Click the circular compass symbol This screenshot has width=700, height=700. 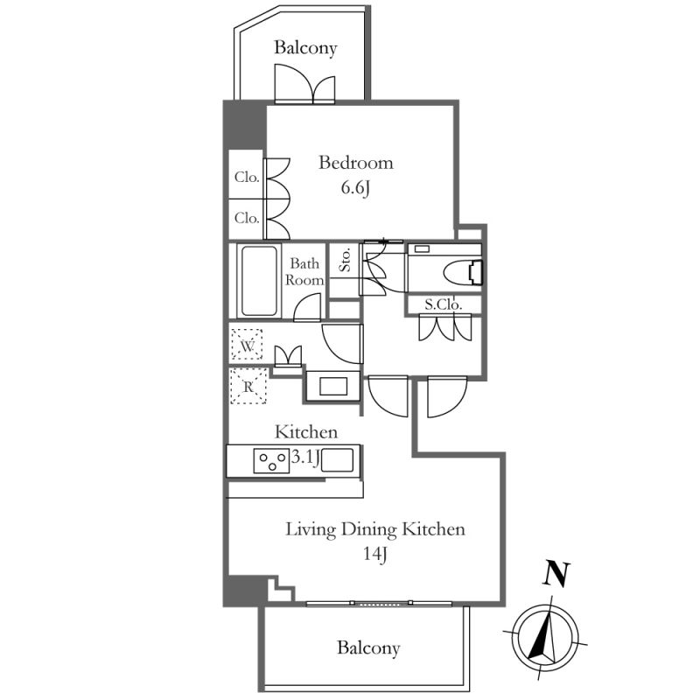(x=546, y=634)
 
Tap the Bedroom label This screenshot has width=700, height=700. (x=355, y=163)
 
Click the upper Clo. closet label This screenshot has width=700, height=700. (x=247, y=177)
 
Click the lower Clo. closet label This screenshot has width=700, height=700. (x=247, y=218)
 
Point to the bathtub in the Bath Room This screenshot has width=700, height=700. (x=260, y=282)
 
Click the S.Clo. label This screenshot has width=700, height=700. (x=443, y=304)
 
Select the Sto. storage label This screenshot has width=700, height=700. (x=345, y=261)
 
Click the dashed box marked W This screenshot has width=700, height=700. (x=247, y=345)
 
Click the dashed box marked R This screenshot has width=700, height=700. (x=247, y=384)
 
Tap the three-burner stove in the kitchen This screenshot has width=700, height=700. (x=272, y=460)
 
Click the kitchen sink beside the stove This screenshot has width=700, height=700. (x=337, y=460)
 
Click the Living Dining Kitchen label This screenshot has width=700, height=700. (x=375, y=529)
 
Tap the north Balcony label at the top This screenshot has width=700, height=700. (x=305, y=48)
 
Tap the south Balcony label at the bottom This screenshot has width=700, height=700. (x=368, y=648)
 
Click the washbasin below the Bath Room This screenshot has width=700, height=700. (x=332, y=386)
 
